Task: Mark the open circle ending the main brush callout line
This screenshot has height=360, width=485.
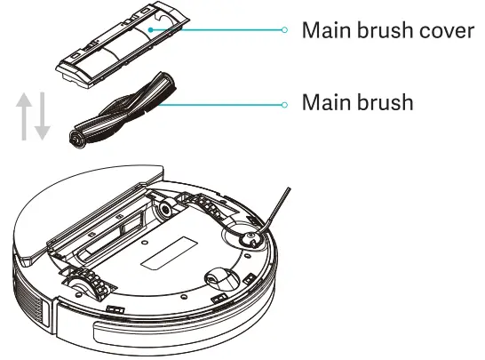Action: click(284, 104)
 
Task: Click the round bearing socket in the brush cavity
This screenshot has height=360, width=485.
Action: click(163, 211)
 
